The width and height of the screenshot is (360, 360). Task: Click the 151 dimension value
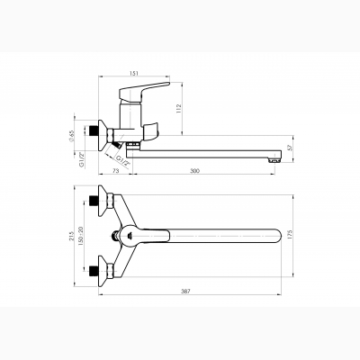point(134,73)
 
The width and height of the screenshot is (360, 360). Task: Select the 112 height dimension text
point(179,108)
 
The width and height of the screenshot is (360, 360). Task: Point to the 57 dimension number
point(290,148)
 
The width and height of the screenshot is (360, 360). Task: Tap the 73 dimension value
point(116,171)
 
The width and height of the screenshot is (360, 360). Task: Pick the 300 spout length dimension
point(195,171)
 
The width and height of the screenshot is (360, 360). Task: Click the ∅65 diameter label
point(71,136)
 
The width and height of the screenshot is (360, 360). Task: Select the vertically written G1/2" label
point(81,159)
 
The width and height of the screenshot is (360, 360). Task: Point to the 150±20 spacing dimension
point(80,236)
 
